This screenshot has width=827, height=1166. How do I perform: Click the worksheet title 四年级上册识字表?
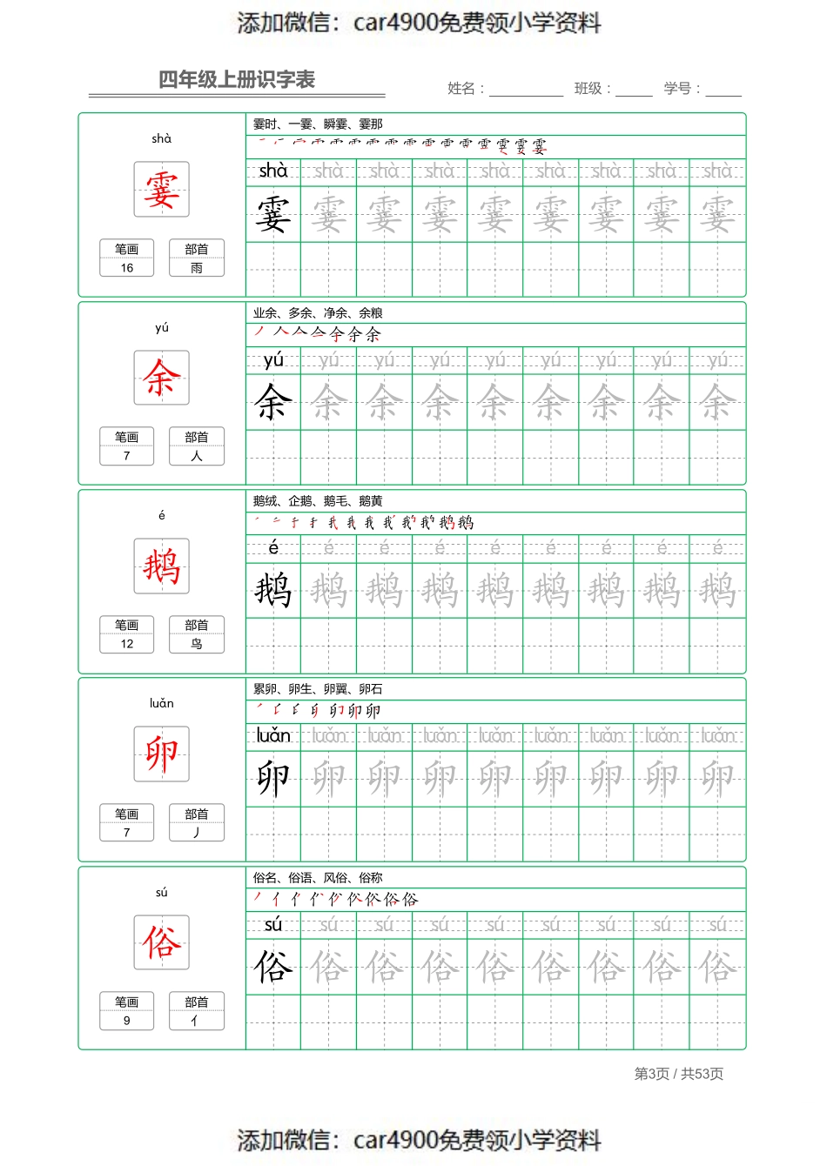pos(236,80)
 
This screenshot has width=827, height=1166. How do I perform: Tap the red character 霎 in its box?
pos(162,190)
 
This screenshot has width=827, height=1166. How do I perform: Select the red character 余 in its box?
pos(162,379)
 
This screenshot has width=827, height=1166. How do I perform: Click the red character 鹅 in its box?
pos(162,566)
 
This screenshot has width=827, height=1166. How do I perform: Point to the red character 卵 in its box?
pos(162,754)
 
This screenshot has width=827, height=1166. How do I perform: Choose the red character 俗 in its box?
pos(162,942)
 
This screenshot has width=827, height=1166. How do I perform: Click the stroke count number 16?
pos(127,268)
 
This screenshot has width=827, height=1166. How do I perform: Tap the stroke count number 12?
pos(127,644)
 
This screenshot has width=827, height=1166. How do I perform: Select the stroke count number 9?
pos(127,1021)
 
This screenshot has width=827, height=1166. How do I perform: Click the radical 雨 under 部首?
pos(197,268)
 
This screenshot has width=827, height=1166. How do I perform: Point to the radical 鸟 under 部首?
pos(197,644)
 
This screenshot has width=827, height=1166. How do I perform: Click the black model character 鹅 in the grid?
pos(273,591)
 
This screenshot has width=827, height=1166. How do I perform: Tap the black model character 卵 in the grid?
pos(273,779)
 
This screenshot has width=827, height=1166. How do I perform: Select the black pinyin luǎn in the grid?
pos(273,736)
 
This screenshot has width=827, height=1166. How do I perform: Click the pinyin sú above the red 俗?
pos(162,893)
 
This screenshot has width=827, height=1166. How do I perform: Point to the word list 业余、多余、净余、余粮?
pos(318,313)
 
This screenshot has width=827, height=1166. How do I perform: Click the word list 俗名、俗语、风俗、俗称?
pos(318,878)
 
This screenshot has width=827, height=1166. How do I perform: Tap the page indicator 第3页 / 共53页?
pos(679,1074)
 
